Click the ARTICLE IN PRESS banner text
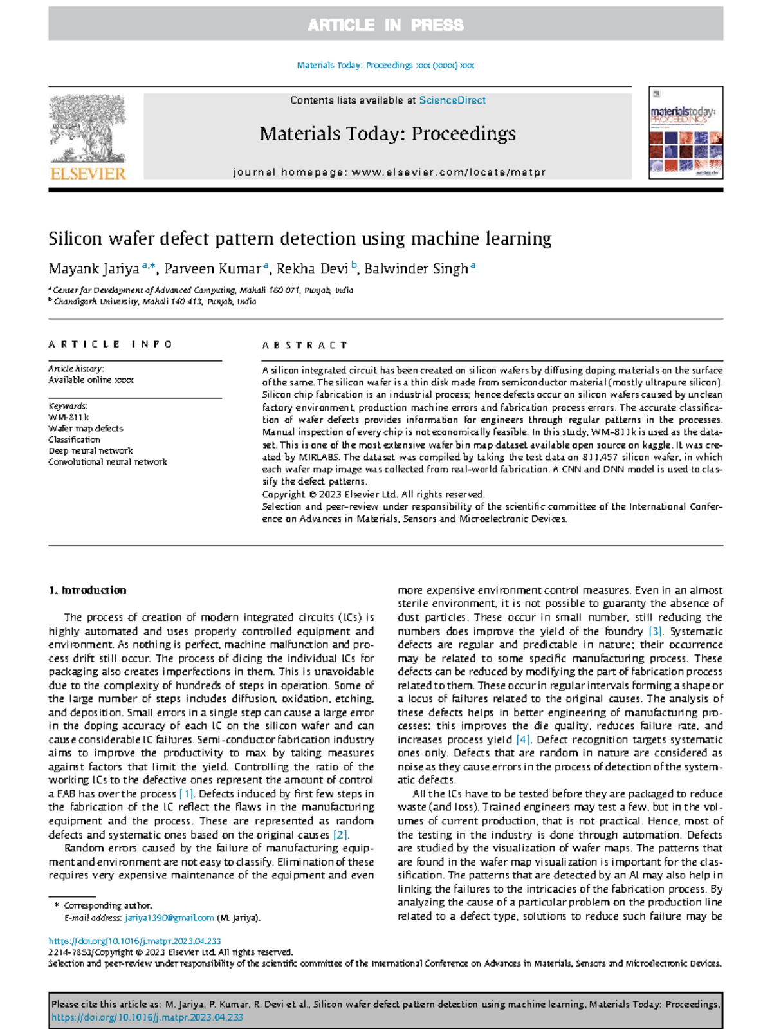(385, 25)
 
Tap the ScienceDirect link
(452, 100)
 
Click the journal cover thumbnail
(686, 133)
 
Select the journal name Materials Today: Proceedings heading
(387, 134)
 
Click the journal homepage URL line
(389, 172)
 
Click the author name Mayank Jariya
(94, 269)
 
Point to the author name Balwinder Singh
(416, 269)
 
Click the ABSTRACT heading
(304, 346)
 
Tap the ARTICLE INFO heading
(110, 344)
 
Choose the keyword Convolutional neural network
(107, 462)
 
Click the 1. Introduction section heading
(87, 590)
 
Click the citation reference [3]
(655, 631)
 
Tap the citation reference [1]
(186, 793)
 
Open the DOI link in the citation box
(147, 1017)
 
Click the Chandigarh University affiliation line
(154, 301)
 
